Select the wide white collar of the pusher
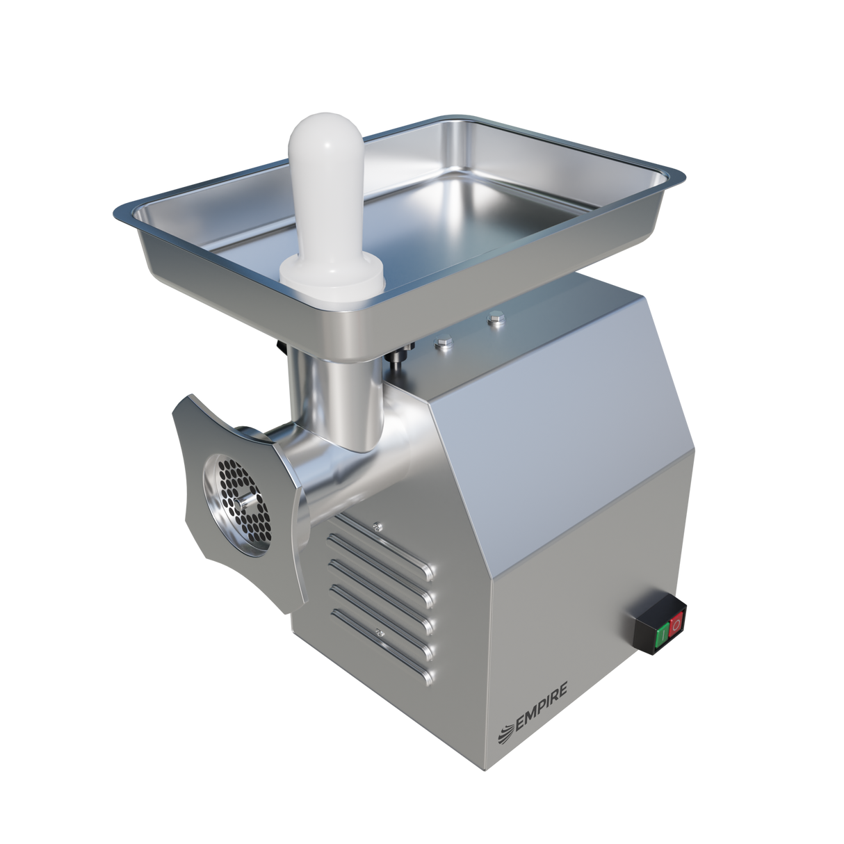tap(332, 274)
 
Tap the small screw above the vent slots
tap(376, 526)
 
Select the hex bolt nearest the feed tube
tap(441, 342)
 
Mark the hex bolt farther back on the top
tap(494, 320)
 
